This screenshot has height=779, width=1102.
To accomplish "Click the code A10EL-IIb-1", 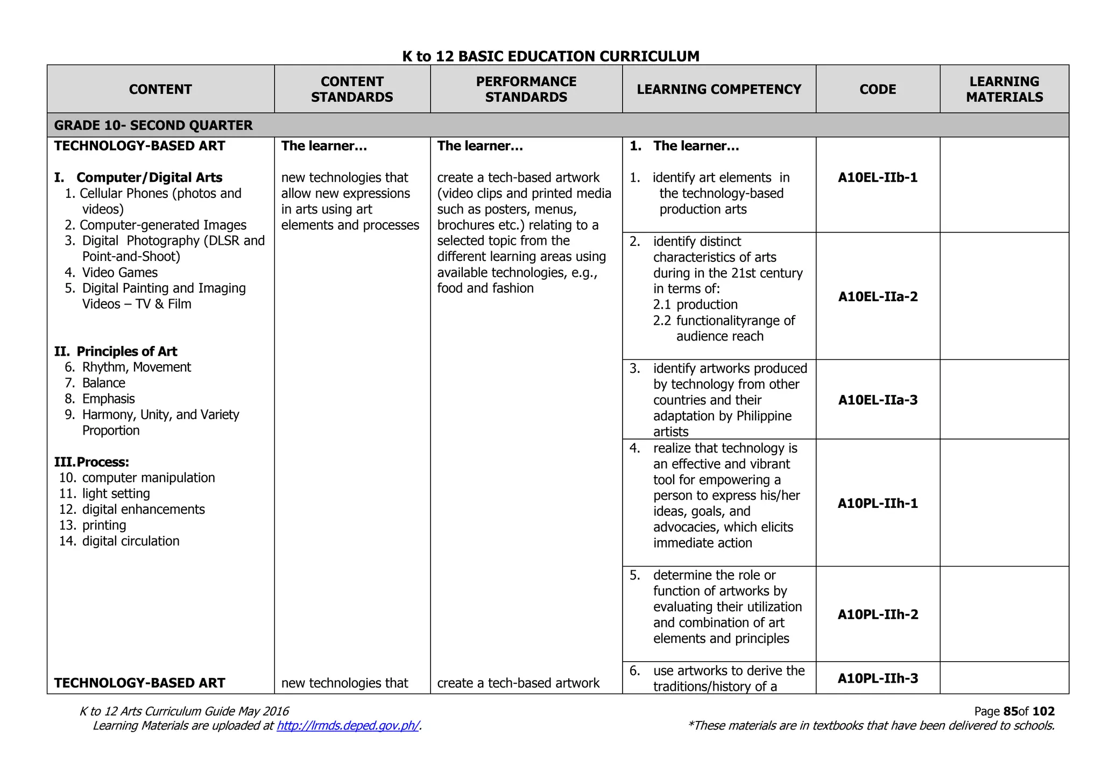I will [878, 178].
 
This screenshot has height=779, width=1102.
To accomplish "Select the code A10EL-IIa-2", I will [878, 296].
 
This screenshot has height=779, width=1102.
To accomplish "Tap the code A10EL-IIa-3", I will [878, 400].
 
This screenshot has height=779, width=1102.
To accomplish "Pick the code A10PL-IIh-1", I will [878, 504].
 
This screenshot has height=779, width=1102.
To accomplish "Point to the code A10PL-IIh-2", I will [878, 614].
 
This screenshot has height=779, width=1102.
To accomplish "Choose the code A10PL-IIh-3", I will [878, 678].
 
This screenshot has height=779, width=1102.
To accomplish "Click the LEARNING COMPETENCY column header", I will [719, 89].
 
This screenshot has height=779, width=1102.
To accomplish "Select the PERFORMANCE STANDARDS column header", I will [526, 89].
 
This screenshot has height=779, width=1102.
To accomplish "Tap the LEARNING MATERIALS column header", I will [1004, 89].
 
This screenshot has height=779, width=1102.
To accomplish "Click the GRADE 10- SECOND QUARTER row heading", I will [153, 125].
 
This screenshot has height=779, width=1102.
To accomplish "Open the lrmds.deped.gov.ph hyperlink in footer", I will [348, 726].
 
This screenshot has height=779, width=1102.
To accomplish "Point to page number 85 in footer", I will [1010, 711].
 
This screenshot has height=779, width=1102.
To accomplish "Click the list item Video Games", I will [119, 273].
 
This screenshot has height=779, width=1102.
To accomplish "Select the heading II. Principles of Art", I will [116, 351].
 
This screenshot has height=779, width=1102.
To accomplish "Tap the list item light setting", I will [116, 494].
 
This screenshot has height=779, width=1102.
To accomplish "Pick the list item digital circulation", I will [130, 541].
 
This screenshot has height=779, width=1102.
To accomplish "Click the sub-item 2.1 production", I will [695, 304].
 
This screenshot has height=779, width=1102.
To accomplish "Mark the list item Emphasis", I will [108, 399].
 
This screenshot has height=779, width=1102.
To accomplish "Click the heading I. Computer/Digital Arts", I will [138, 178].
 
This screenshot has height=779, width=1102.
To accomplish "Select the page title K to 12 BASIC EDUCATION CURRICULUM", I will [550, 56].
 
